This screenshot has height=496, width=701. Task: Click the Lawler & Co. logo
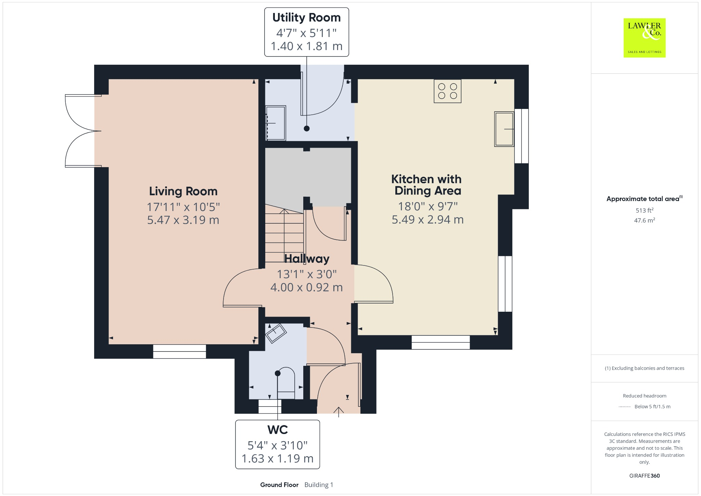coord(644,38)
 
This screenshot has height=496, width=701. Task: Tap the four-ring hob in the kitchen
coord(447,91)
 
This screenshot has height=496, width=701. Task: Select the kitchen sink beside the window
coord(504,129)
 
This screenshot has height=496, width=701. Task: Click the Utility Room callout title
coord(306,17)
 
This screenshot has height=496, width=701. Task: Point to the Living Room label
coord(183,191)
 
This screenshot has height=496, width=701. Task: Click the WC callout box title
coord(277,430)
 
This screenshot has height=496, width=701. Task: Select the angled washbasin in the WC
coord(276,333)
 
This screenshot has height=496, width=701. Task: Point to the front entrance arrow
coord(339,411)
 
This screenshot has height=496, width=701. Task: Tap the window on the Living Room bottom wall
coord(179,351)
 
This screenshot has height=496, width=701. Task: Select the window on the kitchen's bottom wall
coord(441,342)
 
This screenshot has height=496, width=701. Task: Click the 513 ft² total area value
coord(644,210)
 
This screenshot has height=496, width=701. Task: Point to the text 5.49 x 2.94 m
coord(428,220)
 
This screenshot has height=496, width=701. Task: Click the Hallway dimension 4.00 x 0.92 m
coord(306,287)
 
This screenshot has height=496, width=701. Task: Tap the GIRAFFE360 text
coord(644,476)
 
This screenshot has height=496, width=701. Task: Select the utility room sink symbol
coord(276,123)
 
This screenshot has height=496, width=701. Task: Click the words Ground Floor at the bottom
coord(279,485)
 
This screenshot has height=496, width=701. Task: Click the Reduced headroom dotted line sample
coord(625,407)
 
